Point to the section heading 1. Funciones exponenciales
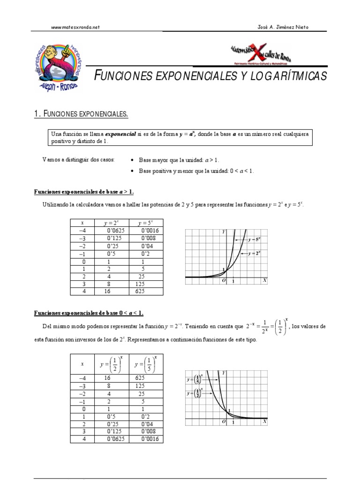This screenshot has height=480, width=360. point(81,114)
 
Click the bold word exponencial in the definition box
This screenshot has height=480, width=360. point(120,134)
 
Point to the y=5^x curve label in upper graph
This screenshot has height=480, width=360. point(254,239)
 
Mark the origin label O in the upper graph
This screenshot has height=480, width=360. point(224,280)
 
